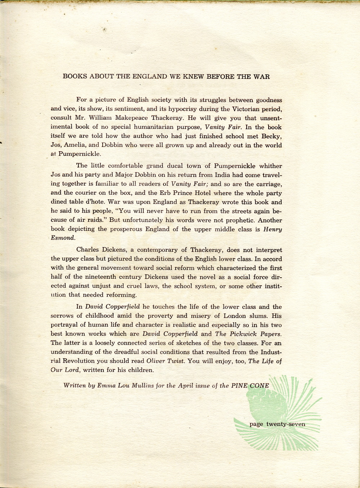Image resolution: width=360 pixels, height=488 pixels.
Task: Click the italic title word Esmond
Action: coord(63,238)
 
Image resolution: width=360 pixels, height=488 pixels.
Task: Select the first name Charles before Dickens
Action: coord(89,250)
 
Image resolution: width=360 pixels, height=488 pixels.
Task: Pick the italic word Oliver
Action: coord(156,361)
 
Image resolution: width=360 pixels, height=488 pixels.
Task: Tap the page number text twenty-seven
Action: coord(285,424)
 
